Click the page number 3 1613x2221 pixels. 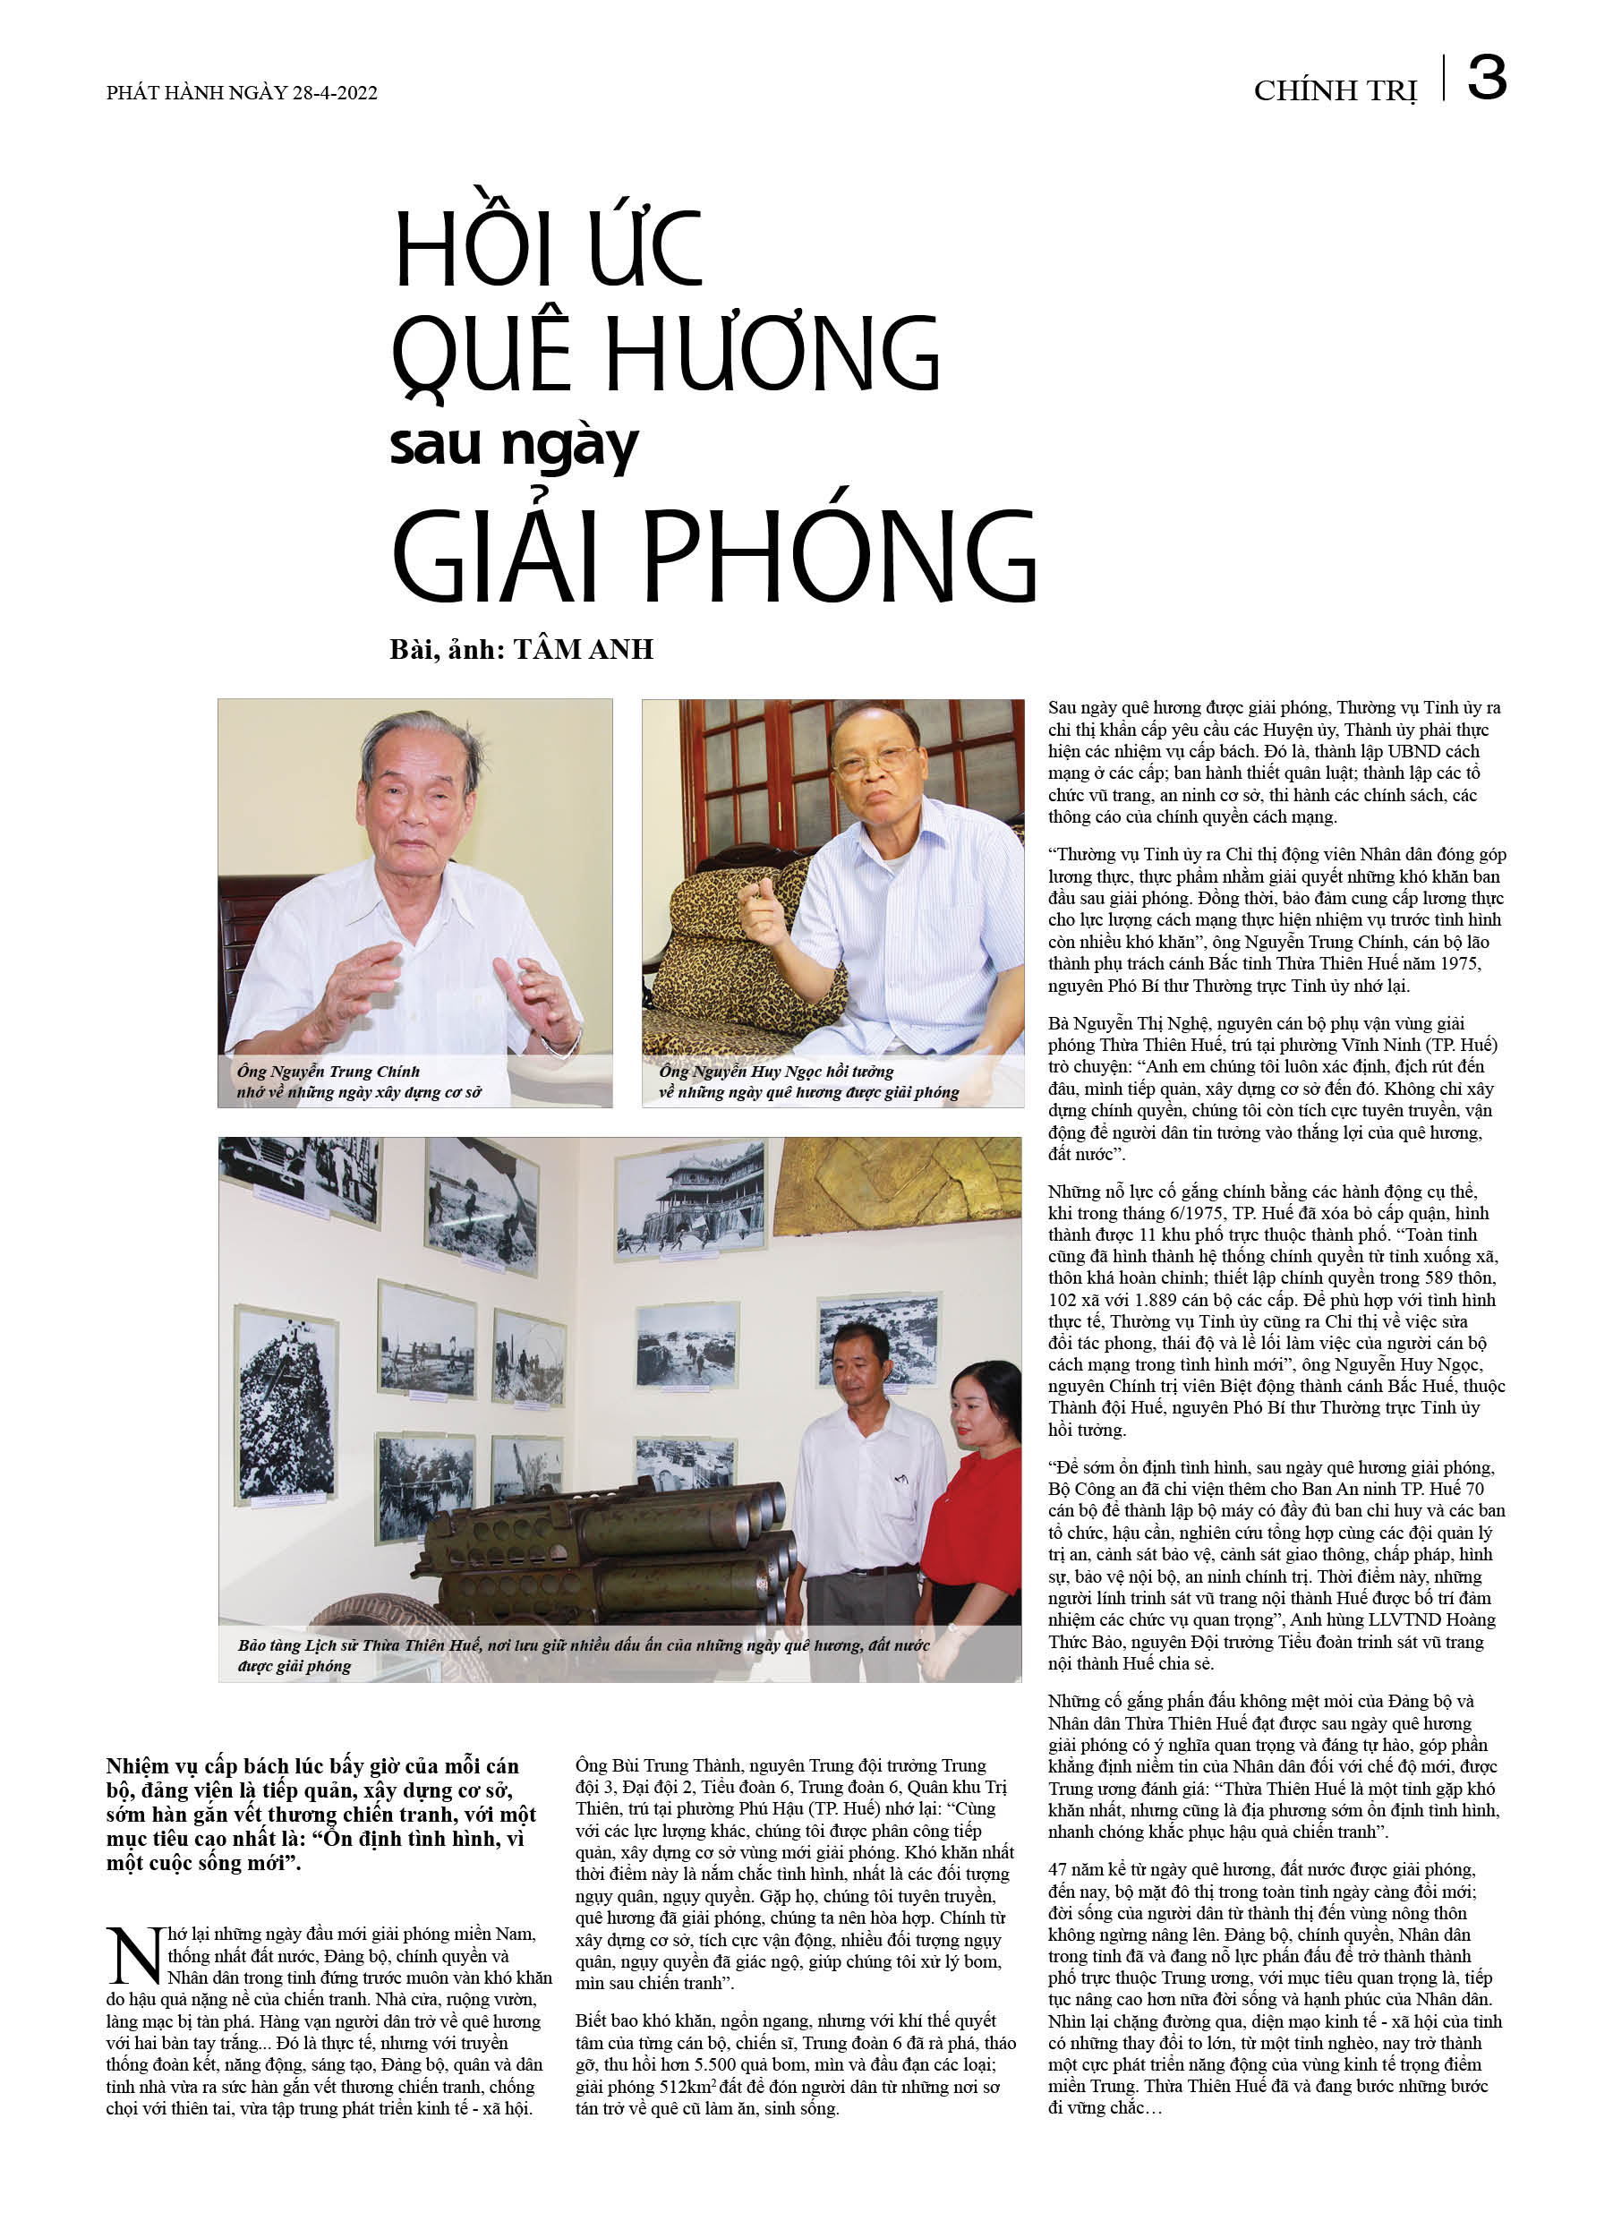(1486, 79)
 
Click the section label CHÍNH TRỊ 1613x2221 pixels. (1335, 91)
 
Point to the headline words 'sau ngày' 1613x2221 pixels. (513, 446)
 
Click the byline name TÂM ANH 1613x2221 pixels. (584, 649)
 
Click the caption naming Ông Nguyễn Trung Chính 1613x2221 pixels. (360, 1081)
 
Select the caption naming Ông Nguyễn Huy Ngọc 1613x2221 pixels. (808, 1081)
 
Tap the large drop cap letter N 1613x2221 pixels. (134, 1958)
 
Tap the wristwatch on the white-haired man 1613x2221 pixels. (564, 1044)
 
